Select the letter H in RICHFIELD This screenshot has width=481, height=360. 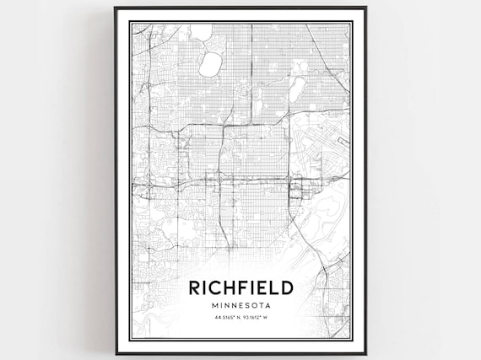click(235, 287)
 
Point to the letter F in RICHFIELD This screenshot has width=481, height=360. click(250, 287)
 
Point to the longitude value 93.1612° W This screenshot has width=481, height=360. click(257, 317)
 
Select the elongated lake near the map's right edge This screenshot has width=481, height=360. click(297, 88)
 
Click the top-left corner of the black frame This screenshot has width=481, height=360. click(116, 8)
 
